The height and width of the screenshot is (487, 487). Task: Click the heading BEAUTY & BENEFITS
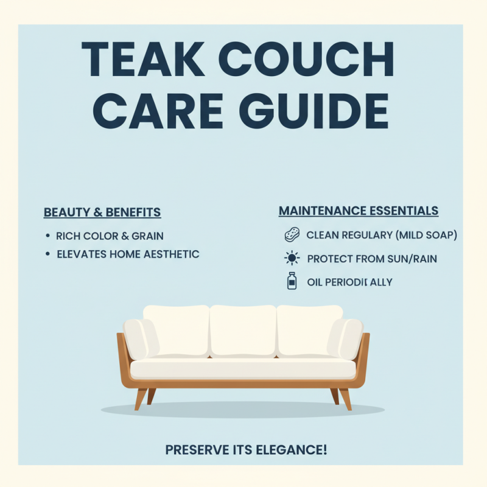pyautogui.click(x=102, y=212)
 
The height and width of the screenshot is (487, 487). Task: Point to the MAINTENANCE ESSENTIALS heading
pyautogui.click(x=359, y=211)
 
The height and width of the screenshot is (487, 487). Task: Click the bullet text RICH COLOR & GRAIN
pyautogui.click(x=110, y=236)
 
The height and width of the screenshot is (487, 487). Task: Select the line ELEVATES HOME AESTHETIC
pyautogui.click(x=128, y=254)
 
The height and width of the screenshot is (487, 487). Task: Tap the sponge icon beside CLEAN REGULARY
pyautogui.click(x=292, y=235)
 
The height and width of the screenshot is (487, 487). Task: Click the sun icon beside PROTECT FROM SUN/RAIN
pyautogui.click(x=292, y=259)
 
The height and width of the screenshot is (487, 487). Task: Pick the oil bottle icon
pyautogui.click(x=292, y=282)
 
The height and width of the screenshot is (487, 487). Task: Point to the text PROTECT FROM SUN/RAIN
pyautogui.click(x=372, y=259)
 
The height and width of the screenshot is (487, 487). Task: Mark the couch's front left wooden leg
pyautogui.click(x=141, y=399)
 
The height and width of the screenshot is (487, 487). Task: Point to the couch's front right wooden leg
pyautogui.click(x=345, y=399)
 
